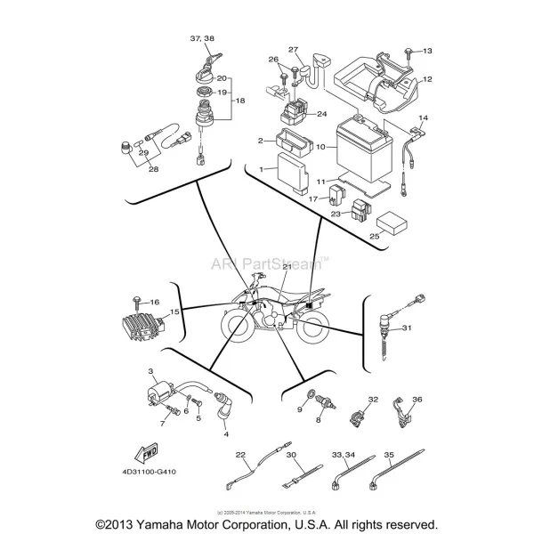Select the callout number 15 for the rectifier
pos(175,311)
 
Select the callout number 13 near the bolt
pos(425,51)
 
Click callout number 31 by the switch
pos(407,328)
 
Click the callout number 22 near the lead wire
pos(240,456)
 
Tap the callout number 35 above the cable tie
pos(388,455)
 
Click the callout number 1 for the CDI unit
pos(262,168)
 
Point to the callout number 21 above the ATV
pos(287,266)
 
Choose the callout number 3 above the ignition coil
pos(151,370)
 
